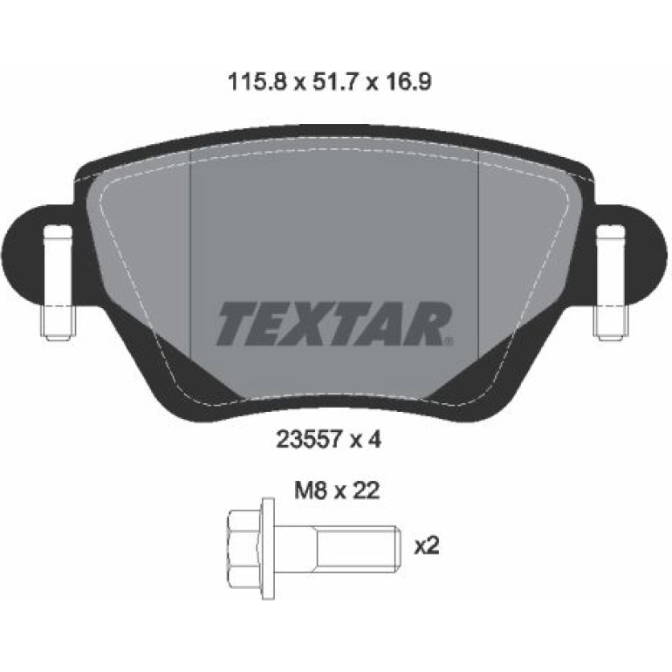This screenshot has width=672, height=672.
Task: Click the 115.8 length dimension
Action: [x=256, y=82]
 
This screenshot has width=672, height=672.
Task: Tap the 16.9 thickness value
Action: [x=405, y=82]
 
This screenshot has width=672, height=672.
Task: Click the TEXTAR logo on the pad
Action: [x=334, y=324]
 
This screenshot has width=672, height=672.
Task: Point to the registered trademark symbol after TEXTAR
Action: [x=449, y=341]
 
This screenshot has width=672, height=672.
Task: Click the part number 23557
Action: [x=309, y=439]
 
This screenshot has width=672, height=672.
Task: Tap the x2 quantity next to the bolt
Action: [x=427, y=546]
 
